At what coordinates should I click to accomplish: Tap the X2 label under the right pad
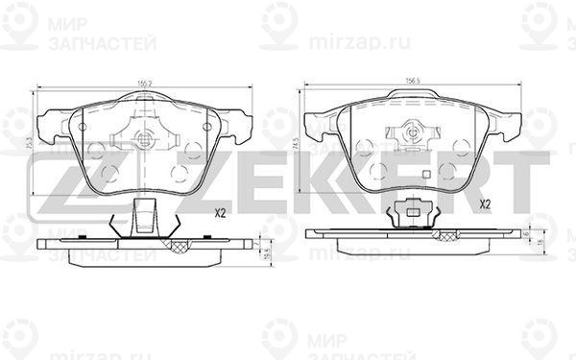click(x=485, y=204)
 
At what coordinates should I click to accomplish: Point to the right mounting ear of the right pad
click(x=516, y=123)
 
